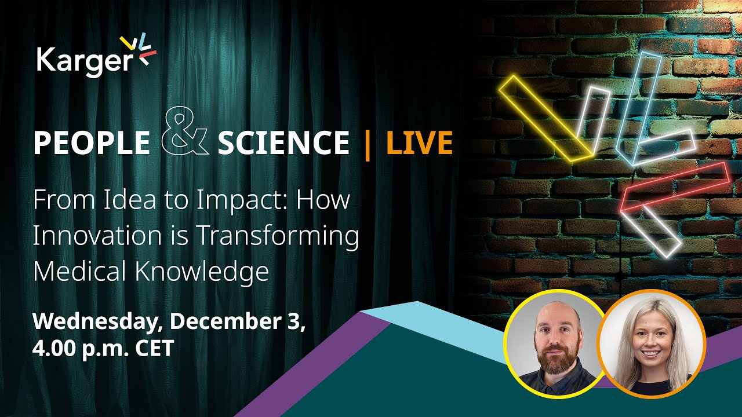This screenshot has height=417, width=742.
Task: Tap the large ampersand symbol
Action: [184, 135]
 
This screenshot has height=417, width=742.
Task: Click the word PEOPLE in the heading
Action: [91, 143]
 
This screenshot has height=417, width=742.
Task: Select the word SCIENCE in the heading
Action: [283, 143]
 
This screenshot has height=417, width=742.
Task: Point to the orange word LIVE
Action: [419, 143]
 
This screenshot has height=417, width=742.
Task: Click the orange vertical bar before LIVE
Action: [367, 143]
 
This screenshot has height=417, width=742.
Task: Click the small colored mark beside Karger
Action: [140, 49]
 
